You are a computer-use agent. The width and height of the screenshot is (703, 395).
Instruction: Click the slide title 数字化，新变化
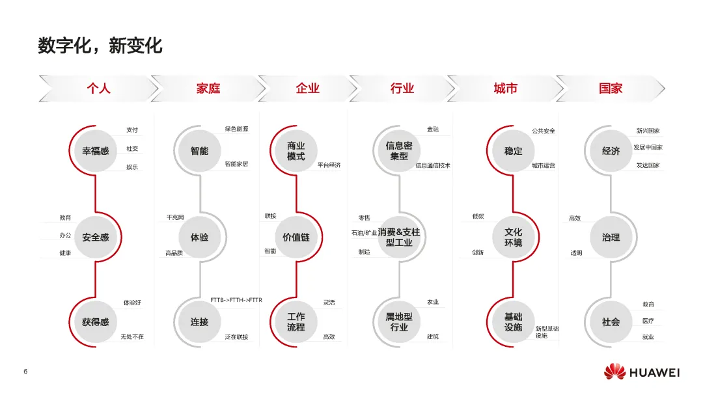[100, 46]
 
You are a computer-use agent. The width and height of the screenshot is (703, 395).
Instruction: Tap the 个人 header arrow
[99, 89]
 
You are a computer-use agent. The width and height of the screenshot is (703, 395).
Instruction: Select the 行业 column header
[402, 89]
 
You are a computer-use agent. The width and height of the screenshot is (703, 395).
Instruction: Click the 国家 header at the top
[611, 89]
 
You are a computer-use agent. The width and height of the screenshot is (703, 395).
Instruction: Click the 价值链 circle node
[296, 238]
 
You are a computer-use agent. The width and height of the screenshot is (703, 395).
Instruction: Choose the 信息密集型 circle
[399, 151]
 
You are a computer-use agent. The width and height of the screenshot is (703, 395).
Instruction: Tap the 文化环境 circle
[513, 238]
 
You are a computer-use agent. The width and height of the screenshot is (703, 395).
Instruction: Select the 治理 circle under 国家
[611, 238]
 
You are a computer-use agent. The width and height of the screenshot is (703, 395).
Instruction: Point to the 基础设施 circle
[513, 322]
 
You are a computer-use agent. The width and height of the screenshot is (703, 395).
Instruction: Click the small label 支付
[132, 130]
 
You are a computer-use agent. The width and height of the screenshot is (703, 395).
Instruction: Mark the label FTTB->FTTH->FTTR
[236, 300]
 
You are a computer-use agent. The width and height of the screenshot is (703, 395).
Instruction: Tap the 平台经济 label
[329, 165]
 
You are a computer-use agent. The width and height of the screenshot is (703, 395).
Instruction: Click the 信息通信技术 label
[433, 165]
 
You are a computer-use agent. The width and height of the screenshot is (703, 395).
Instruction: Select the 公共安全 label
[544, 131]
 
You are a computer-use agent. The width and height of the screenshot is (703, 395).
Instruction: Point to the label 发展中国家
[648, 148]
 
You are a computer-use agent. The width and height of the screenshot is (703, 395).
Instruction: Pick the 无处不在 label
[132, 337]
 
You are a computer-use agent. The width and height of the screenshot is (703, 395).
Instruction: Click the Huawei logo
[641, 372]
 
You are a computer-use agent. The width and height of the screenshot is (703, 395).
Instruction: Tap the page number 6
[25, 372]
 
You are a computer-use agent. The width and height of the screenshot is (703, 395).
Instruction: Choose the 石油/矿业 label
[364, 232]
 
